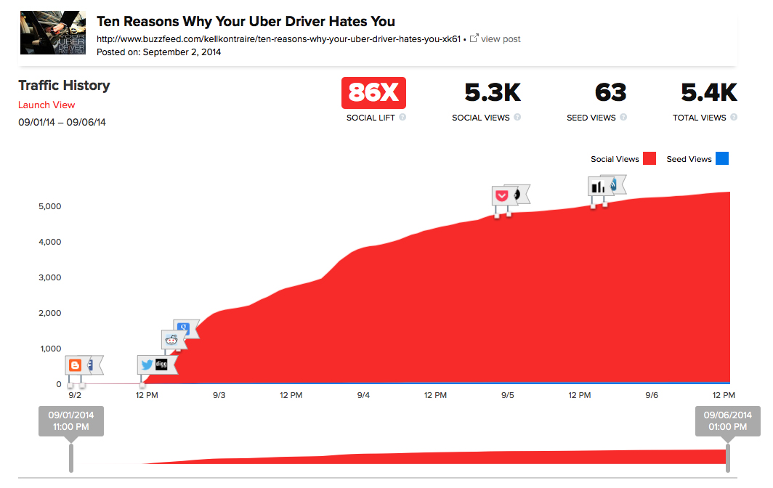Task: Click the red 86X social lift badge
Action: tap(373, 92)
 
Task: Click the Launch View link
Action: tap(46, 105)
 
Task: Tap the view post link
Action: tap(501, 38)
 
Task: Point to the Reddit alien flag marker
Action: tap(171, 339)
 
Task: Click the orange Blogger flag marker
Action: tap(74, 365)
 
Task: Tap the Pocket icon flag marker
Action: tap(501, 195)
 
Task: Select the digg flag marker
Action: tap(162, 365)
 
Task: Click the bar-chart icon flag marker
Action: tap(597, 186)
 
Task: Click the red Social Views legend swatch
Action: tap(649, 159)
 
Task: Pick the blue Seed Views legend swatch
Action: tap(721, 159)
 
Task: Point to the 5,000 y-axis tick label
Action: tap(49, 206)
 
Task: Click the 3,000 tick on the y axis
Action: tap(49, 277)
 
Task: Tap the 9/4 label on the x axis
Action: tap(363, 395)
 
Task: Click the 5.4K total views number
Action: tap(708, 92)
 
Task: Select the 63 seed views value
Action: tap(610, 92)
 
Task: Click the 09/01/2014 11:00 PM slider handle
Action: tap(71, 422)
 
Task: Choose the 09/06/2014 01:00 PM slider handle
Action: tap(727, 422)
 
